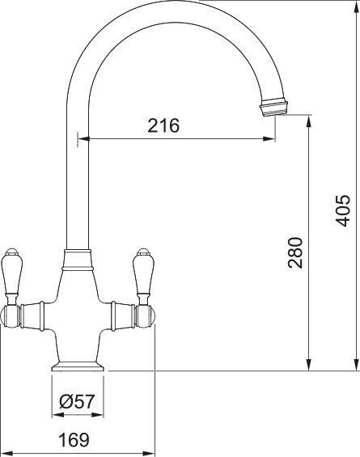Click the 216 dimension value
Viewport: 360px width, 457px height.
(x=163, y=125)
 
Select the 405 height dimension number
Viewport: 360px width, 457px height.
(x=342, y=210)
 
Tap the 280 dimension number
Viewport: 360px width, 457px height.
(x=295, y=252)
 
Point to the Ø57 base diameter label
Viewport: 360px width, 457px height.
(x=77, y=401)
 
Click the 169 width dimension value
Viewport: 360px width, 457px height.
(x=74, y=440)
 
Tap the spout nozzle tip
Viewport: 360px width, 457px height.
(x=274, y=108)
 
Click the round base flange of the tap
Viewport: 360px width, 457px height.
(x=78, y=366)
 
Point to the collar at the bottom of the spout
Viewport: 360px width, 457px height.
(x=78, y=260)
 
